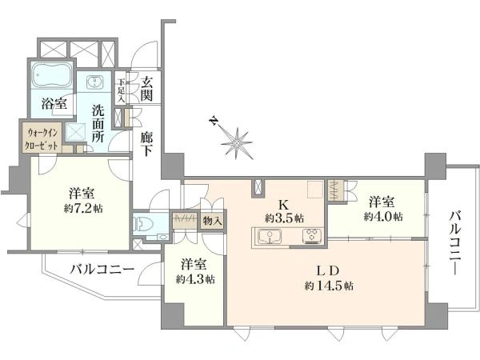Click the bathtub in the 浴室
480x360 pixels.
[52, 75]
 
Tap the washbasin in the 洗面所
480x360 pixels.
[95, 82]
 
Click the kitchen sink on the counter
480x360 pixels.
[270, 237]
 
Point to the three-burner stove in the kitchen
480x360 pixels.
[312, 237]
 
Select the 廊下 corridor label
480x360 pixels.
[146, 144]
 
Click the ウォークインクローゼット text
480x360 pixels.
[42, 139]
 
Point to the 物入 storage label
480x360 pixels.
[212, 221]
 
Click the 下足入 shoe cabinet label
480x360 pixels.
[122, 90]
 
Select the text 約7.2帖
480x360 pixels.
[83, 209]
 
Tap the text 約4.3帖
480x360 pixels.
[195, 279]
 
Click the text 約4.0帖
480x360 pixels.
[383, 217]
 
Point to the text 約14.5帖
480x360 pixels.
[329, 286]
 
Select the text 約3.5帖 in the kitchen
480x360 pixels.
[284, 218]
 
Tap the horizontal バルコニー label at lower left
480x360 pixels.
[102, 270]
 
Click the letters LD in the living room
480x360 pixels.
[328, 270]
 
